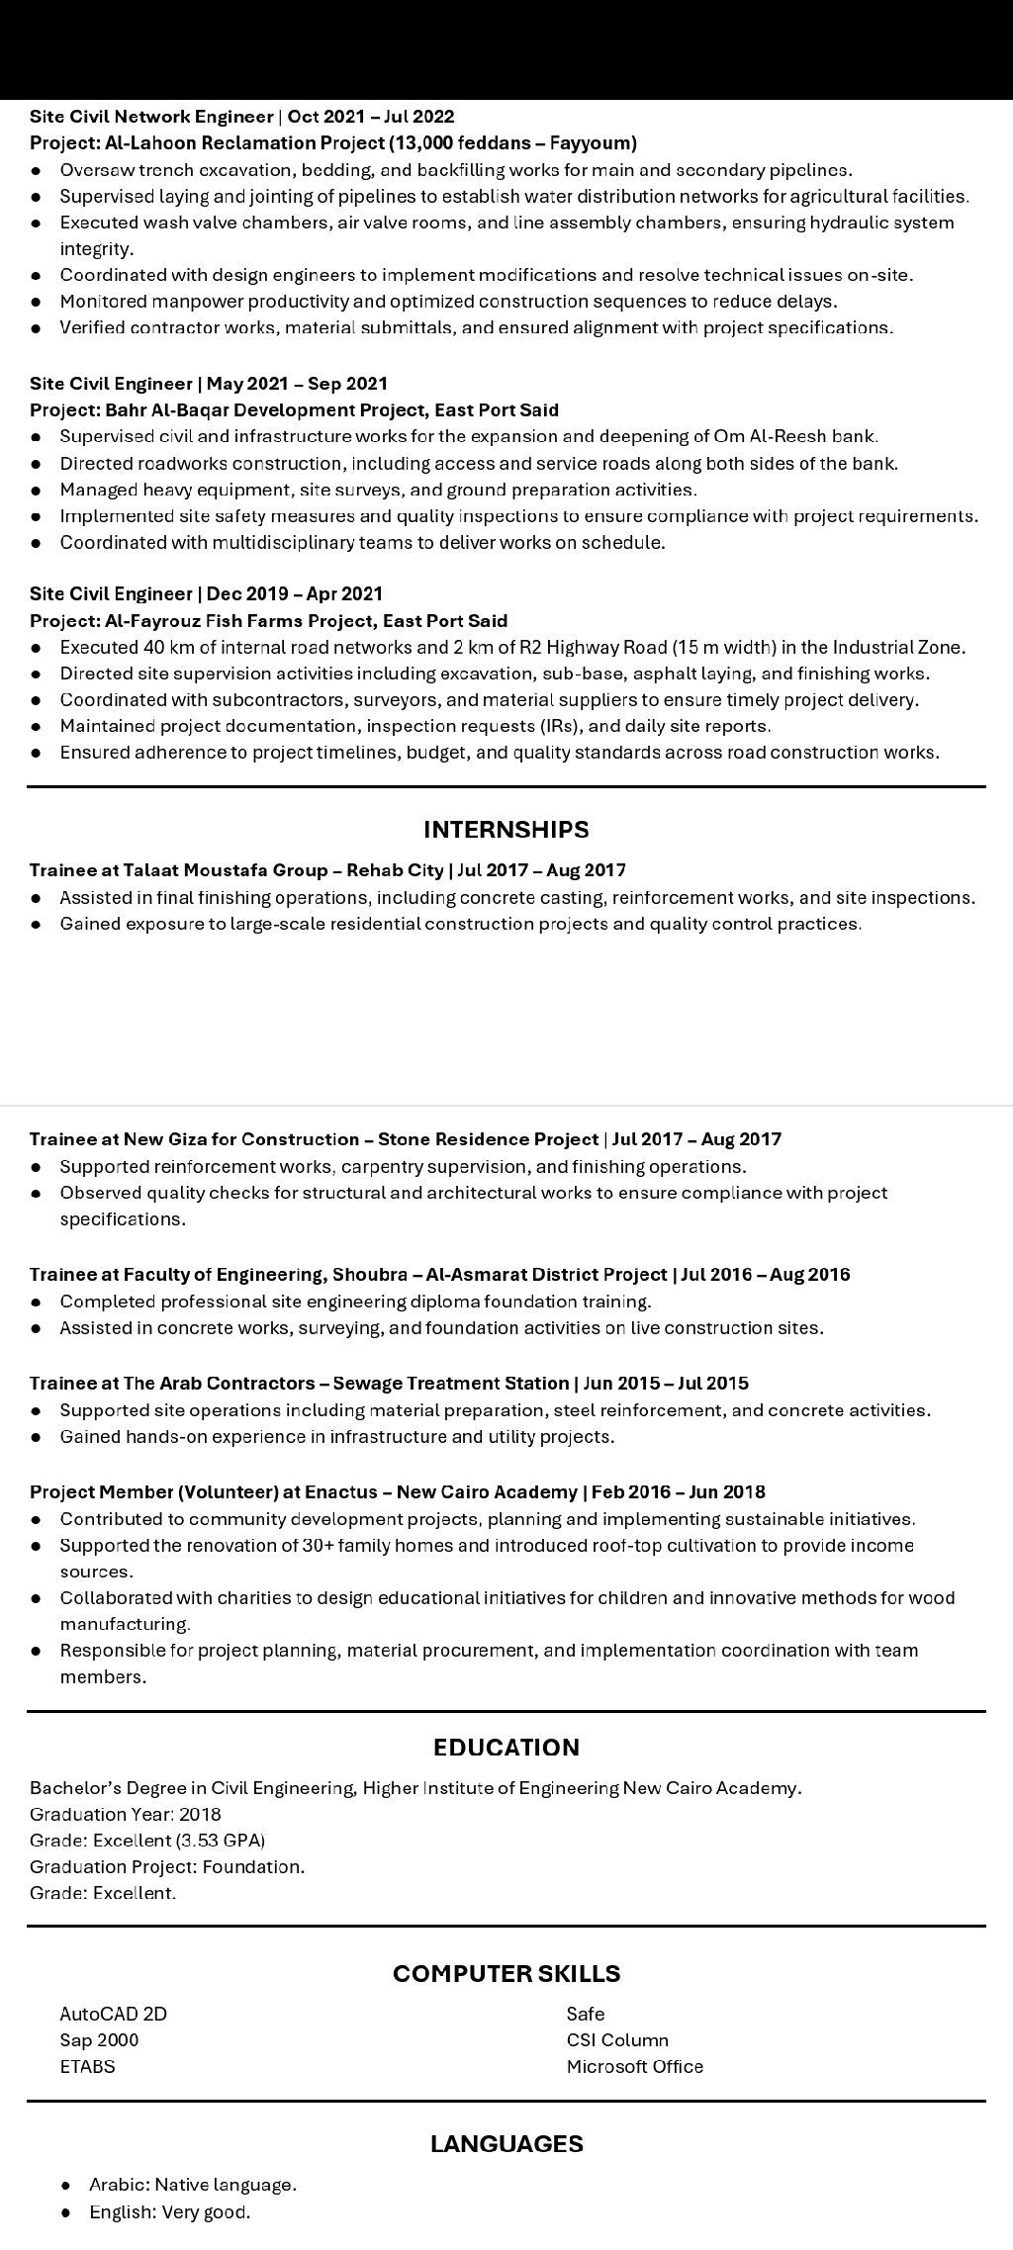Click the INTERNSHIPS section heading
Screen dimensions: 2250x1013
[506, 829]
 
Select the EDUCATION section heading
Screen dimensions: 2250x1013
[506, 1747]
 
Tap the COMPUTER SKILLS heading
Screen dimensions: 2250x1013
[506, 1973]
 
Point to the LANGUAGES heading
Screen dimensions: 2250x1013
[506, 2143]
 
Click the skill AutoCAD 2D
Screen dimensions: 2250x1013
[113, 2014]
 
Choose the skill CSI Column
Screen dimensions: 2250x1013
[617, 2039]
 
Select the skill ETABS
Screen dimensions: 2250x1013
[87, 2066]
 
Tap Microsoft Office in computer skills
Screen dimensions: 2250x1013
[634, 2066]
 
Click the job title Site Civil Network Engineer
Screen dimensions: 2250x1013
[150, 117]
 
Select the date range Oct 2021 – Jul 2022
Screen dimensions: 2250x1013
[371, 117]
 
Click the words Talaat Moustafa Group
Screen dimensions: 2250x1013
[226, 870]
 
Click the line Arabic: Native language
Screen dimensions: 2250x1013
[192, 2184]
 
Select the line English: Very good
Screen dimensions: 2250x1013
[169, 2211]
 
